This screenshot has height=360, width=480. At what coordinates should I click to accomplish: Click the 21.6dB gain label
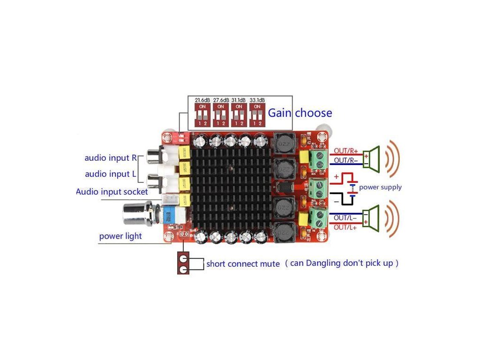coord(202,100)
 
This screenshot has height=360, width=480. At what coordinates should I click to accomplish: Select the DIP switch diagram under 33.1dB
coord(257,115)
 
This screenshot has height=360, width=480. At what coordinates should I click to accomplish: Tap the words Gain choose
coord(300,113)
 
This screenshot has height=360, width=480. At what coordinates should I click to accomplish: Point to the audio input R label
coord(110,158)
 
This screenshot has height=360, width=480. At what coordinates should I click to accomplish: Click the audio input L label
coord(111,174)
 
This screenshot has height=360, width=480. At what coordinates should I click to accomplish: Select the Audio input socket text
coord(112,192)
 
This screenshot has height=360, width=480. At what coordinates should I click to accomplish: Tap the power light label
coord(120,236)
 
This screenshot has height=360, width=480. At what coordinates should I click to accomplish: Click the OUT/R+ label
coord(346,151)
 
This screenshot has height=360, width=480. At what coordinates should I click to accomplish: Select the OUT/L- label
coord(345,218)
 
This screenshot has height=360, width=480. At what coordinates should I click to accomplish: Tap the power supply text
coord(380,187)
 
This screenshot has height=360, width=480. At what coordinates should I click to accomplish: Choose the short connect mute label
coord(243,264)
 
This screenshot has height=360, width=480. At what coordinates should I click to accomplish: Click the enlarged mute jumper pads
coord(183,264)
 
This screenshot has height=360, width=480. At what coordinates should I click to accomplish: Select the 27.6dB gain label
coord(221,100)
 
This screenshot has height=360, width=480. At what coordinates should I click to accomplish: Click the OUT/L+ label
coord(345,227)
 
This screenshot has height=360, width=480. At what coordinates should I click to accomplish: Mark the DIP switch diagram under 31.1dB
coord(239,115)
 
